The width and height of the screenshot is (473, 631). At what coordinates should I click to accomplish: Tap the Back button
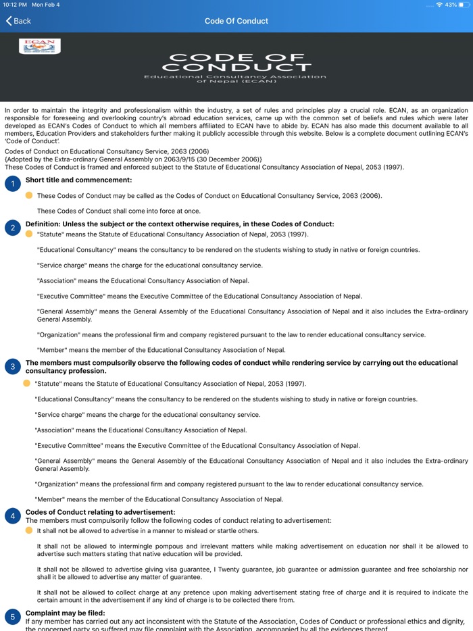coord(18,21)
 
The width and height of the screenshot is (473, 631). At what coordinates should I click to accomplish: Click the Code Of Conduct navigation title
coord(236,21)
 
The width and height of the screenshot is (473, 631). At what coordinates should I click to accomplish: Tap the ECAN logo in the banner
coord(40,46)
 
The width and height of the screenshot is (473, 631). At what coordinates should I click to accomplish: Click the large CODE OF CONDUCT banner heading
coord(236,62)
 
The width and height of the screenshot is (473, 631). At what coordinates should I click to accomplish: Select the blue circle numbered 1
coord(12,184)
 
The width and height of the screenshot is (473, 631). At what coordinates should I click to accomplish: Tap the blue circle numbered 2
coord(12,228)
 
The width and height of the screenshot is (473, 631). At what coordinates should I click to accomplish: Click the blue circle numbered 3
coord(12,367)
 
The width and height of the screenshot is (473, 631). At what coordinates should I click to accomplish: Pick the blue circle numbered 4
coord(12,516)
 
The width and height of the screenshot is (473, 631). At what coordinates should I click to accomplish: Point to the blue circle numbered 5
coord(12,617)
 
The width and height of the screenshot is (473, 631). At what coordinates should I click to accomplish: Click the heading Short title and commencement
coord(78,180)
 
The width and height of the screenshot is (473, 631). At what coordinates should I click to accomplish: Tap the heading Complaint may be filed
coord(66,613)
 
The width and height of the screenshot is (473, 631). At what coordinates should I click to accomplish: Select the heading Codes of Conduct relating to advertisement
coord(100,512)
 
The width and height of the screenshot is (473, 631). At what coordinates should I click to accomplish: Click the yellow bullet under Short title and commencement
coord(29,195)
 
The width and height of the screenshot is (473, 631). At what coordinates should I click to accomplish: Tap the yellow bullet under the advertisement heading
coord(29,530)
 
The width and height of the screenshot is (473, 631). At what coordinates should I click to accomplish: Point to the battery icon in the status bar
coord(464,5)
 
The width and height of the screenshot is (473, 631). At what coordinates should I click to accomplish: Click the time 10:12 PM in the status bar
coord(14,5)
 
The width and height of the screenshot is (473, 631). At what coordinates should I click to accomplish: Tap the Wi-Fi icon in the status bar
coord(439,5)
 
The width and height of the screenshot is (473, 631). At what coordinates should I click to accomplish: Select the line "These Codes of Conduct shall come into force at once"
coord(118,211)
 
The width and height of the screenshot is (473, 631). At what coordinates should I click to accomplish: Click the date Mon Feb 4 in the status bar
coord(46,5)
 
